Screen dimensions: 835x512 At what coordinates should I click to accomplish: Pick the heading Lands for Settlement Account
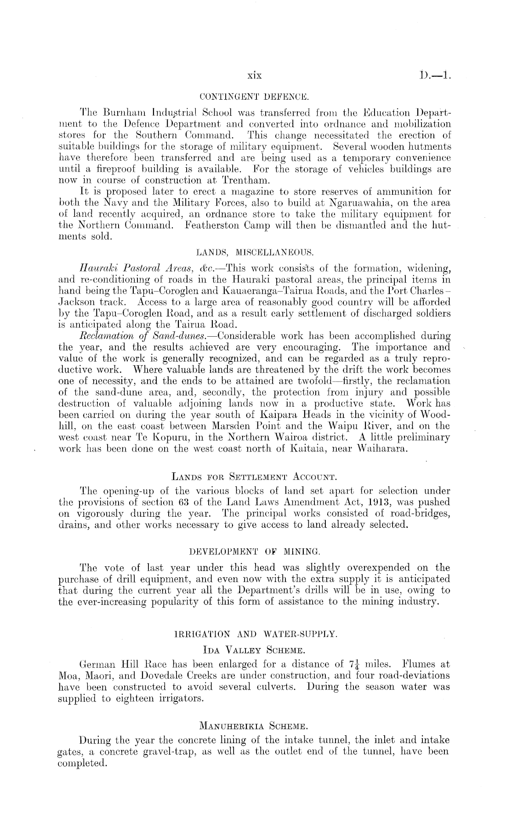254,475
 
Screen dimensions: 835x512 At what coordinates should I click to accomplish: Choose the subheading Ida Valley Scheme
254,650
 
